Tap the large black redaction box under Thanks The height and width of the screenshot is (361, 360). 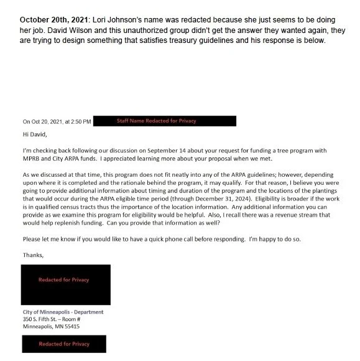tap(66, 284)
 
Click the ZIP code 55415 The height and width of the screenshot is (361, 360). tap(70, 326)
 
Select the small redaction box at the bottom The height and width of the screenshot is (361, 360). tap(65, 344)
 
